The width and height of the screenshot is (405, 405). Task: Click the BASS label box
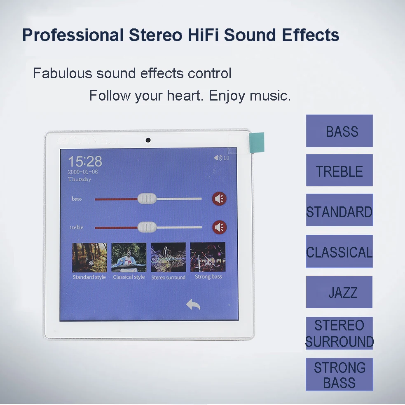[339, 131]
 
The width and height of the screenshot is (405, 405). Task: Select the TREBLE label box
[339, 171]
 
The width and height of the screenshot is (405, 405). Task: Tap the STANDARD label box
[339, 211]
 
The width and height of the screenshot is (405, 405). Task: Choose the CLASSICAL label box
[339, 251]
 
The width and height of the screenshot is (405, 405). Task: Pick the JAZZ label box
[339, 292]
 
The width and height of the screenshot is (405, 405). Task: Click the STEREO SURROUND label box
[339, 333]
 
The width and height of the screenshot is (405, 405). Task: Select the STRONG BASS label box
[339, 375]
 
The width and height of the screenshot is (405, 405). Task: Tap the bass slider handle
[147, 199]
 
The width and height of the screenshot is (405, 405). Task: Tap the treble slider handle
[147, 227]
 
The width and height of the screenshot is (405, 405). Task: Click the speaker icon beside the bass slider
[219, 199]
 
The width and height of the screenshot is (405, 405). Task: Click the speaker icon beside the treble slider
[219, 227]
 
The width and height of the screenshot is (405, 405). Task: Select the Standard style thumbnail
[89, 258]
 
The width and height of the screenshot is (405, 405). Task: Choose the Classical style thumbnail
[129, 258]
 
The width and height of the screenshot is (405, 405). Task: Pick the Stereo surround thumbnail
[168, 258]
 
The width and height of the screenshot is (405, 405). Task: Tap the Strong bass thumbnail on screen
[208, 258]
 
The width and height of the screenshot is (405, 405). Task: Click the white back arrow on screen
[193, 305]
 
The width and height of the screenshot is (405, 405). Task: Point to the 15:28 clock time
[85, 161]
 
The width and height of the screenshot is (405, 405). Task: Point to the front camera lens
[148, 140]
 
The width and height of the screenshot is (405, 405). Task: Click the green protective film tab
[257, 142]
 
